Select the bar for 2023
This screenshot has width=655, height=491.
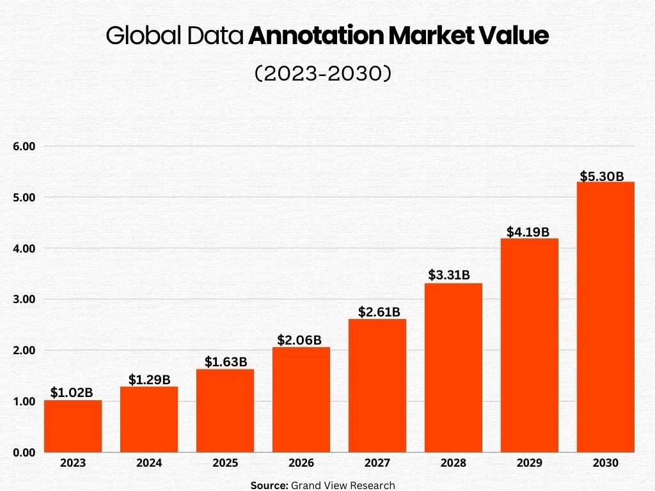(x=73, y=426)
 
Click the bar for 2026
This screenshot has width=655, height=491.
(x=301, y=400)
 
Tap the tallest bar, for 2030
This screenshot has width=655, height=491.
(x=605, y=317)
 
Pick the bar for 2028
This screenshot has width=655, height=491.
(x=453, y=368)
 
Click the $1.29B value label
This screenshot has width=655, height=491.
(x=149, y=380)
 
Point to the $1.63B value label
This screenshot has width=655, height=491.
(x=225, y=362)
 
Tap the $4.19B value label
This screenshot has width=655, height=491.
(x=528, y=232)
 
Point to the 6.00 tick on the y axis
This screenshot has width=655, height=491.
(x=24, y=146)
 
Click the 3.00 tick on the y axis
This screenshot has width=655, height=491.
(x=24, y=299)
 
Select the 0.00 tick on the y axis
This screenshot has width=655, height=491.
(x=24, y=453)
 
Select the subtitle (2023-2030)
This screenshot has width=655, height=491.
(x=323, y=74)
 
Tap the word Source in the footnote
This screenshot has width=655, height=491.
(x=269, y=485)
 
